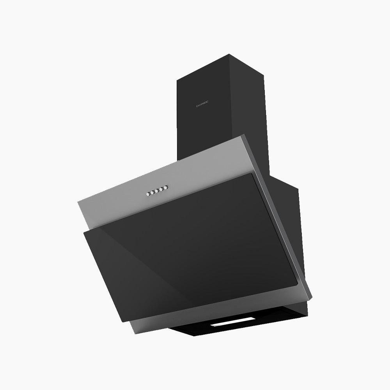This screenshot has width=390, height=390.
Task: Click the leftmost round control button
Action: (149, 193)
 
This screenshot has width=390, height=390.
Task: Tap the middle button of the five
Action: (158, 191)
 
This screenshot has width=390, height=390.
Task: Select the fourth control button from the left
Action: (162, 189)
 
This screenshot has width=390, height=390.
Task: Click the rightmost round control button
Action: (167, 188)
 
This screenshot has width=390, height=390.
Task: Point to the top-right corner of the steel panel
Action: (245, 135)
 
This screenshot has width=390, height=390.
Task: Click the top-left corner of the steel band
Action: (78, 201)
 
